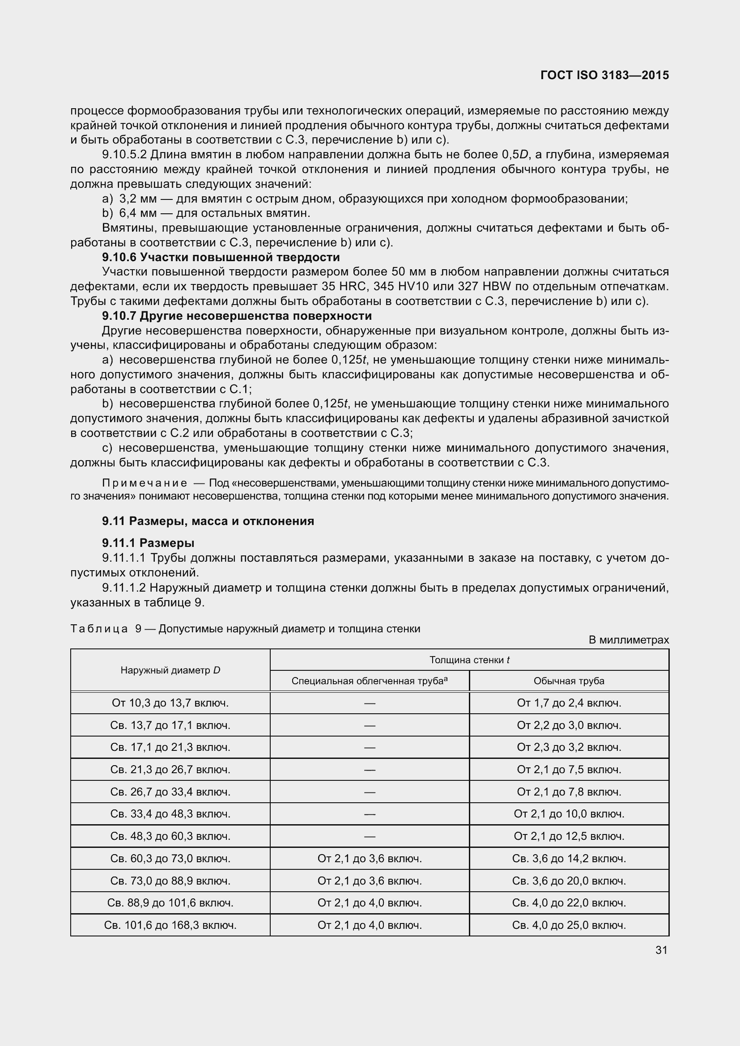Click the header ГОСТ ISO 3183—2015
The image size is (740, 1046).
(604, 75)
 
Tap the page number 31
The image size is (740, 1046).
(661, 950)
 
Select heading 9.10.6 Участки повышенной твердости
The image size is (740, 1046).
(221, 258)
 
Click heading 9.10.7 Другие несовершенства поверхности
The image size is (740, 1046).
(237, 316)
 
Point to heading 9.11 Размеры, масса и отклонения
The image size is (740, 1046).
(208, 521)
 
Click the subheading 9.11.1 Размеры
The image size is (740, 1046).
(149, 542)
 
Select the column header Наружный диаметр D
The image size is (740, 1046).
(170, 670)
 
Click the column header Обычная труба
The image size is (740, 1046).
(569, 681)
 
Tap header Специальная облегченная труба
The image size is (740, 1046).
(369, 681)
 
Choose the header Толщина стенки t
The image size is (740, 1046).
(469, 660)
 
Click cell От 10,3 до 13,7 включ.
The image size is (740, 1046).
(170, 703)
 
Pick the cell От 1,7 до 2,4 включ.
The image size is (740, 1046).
(569, 703)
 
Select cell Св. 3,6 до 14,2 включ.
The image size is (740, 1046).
(569, 859)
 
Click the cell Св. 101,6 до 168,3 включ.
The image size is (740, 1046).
(170, 925)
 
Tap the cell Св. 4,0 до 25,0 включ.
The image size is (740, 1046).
(569, 925)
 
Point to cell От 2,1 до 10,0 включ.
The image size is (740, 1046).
(569, 814)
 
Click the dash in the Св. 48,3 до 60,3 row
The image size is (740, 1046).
(370, 836)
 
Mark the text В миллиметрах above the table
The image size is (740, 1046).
(628, 640)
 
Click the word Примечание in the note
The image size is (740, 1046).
(145, 483)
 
